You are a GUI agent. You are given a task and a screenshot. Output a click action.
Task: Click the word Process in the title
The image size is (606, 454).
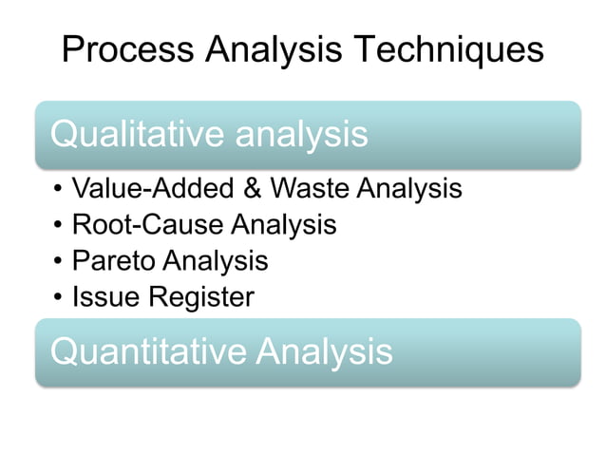pyautogui.click(x=127, y=48)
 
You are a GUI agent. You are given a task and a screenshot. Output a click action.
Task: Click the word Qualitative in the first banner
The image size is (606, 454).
pyautogui.click(x=125, y=135)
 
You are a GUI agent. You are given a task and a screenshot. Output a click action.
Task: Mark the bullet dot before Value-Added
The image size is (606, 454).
pyautogui.click(x=59, y=190)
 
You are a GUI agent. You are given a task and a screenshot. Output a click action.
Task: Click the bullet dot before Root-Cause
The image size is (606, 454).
pyautogui.click(x=59, y=226)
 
